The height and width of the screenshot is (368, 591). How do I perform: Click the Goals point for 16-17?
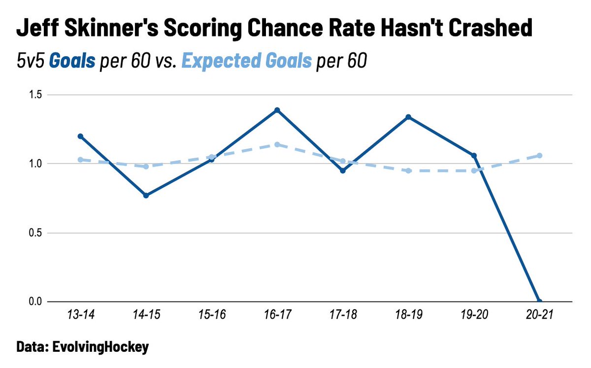tap(277, 110)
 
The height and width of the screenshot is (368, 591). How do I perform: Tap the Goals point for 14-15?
tap(146, 196)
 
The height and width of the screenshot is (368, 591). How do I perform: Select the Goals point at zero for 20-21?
tap(540, 301)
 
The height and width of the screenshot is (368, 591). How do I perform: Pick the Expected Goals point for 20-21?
tap(540, 156)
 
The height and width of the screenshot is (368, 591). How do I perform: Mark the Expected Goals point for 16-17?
tap(277, 144)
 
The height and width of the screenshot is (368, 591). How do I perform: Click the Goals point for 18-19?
tap(408, 117)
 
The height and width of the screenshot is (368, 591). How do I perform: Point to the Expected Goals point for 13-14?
tap(80, 160)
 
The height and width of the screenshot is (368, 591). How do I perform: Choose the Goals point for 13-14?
tap(80, 136)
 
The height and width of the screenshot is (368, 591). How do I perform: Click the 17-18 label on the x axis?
tap(343, 316)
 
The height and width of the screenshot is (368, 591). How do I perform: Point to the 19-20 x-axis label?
tap(474, 316)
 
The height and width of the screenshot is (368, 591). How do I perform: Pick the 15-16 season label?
tap(211, 316)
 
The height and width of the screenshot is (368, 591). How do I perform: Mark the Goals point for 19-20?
tap(474, 156)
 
